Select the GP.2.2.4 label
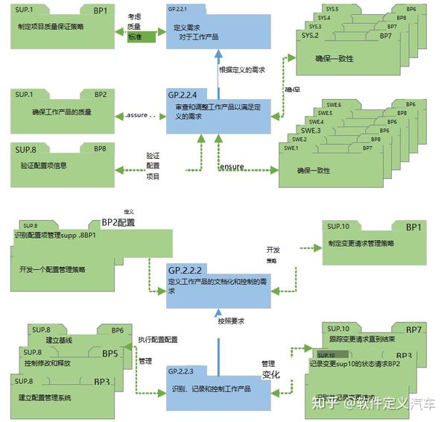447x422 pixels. [183, 95]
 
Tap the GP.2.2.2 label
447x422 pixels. [186, 269]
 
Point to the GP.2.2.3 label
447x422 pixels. [183, 371]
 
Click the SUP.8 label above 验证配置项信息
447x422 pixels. [26, 149]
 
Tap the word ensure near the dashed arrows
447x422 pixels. [231, 167]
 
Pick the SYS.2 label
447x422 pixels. [311, 36]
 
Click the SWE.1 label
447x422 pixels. [291, 148]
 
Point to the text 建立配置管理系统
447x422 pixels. [45, 397]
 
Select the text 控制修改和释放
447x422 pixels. [47, 363]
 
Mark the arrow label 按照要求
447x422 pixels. [231, 321]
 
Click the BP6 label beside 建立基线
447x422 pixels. [118, 330]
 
